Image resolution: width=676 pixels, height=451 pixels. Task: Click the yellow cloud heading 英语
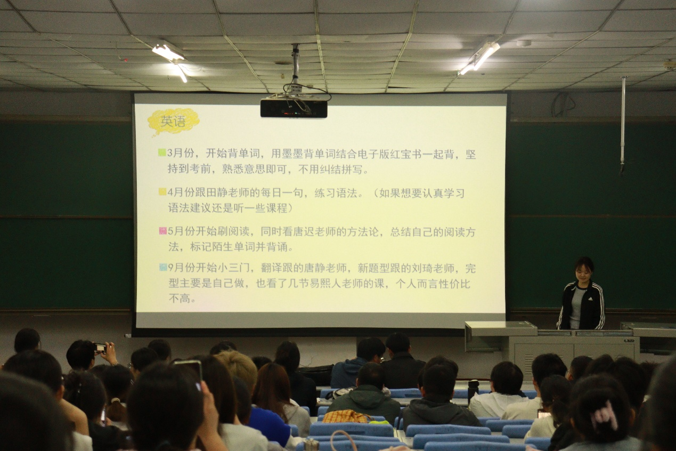pyautogui.click(x=173, y=122)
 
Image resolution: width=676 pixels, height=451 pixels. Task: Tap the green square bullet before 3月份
pyautogui.click(x=162, y=152)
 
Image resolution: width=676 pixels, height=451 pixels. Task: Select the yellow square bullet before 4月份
pyautogui.click(x=162, y=192)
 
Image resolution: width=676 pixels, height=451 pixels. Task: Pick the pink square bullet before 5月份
pyautogui.click(x=162, y=231)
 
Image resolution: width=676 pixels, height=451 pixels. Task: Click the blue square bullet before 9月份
pyautogui.click(x=163, y=267)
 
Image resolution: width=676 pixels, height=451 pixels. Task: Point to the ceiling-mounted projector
pyautogui.click(x=294, y=108)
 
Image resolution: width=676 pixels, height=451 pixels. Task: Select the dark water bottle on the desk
pyautogui.click(x=473, y=391)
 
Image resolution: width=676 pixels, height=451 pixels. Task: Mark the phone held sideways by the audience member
pyautogui.click(x=101, y=348)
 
